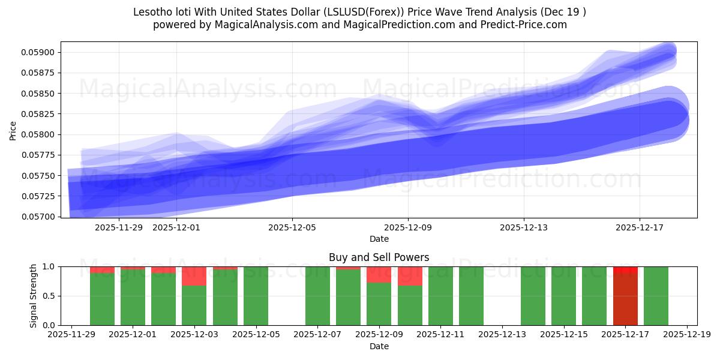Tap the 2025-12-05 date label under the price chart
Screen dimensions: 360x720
click(x=292, y=227)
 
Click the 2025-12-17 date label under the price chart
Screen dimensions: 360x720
click(x=640, y=227)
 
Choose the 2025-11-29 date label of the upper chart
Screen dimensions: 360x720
click(x=119, y=227)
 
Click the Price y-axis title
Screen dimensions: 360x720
click(x=13, y=130)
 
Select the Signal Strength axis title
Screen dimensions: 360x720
click(x=34, y=296)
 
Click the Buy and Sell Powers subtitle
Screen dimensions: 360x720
click(x=379, y=257)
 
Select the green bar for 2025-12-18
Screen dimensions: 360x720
click(x=656, y=296)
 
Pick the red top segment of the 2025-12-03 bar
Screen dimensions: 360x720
click(x=194, y=276)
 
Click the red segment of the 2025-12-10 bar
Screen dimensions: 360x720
click(x=410, y=276)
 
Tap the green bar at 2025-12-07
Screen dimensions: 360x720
click(x=317, y=296)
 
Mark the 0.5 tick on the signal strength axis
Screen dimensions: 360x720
click(x=49, y=296)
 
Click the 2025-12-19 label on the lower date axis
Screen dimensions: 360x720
click(x=687, y=335)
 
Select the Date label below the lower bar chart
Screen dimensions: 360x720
click(x=379, y=346)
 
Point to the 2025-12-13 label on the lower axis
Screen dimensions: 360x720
click(x=502, y=335)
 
